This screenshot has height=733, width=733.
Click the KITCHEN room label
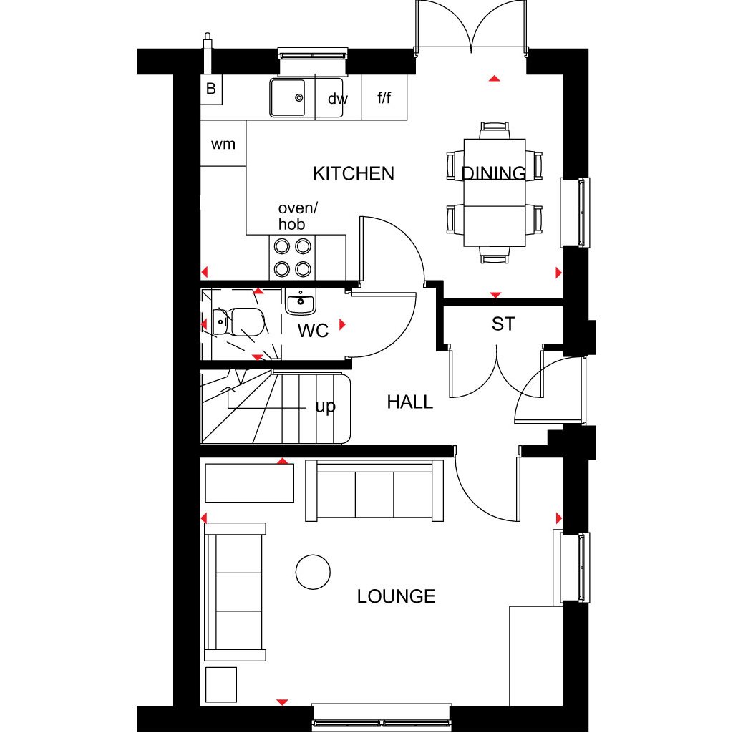(x=354, y=173)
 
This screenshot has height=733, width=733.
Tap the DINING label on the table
(x=494, y=173)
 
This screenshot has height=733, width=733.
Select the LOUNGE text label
(x=396, y=596)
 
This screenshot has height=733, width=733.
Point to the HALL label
(x=410, y=402)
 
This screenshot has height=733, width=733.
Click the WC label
(x=313, y=331)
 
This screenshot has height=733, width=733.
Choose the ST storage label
(x=503, y=324)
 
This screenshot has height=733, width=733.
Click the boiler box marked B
(x=211, y=89)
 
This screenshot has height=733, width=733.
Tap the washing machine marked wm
(x=223, y=144)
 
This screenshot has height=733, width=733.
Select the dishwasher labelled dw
(x=337, y=99)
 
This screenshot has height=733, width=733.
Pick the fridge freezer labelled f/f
(x=384, y=97)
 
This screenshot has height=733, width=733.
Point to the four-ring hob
(x=293, y=258)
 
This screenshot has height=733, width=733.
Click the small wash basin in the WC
(x=301, y=303)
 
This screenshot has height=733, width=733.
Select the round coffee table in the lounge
(x=313, y=572)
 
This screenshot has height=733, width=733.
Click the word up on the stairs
(x=325, y=407)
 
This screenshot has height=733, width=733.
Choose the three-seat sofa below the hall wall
(x=374, y=491)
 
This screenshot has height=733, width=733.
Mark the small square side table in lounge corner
(x=220, y=684)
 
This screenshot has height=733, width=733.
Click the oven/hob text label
(x=296, y=216)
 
